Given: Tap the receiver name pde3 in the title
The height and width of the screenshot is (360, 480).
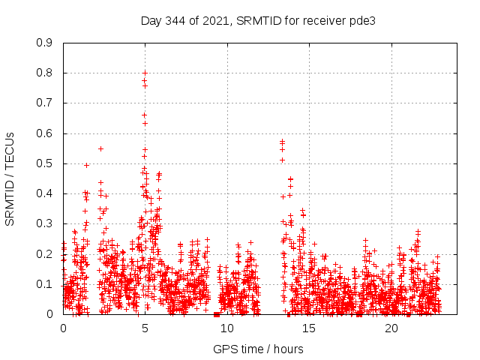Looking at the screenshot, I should pyautogui.click(x=360, y=20).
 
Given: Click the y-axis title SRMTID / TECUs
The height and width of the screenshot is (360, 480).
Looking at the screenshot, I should pyautogui.click(x=10, y=178).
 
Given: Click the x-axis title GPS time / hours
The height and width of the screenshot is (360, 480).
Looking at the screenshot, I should pyautogui.click(x=258, y=349).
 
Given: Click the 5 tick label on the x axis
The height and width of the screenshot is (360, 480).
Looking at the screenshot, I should pyautogui.click(x=145, y=328).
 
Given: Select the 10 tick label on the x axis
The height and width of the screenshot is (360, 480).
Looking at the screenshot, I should pyautogui.click(x=227, y=328).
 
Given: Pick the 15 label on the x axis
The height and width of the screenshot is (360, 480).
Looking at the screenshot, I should pyautogui.click(x=309, y=328).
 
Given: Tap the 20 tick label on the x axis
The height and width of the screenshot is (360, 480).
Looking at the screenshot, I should pyautogui.click(x=391, y=328).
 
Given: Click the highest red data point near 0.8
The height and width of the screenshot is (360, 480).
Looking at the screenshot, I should pyautogui.click(x=145, y=73).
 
